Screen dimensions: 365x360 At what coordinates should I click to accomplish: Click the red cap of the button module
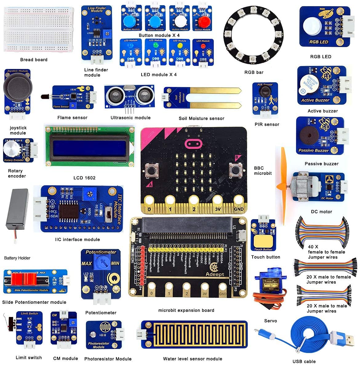203,22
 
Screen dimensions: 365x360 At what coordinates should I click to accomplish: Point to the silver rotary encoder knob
11,149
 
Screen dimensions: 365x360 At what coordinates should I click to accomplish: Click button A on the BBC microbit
152,170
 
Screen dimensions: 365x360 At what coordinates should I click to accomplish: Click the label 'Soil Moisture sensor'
201,118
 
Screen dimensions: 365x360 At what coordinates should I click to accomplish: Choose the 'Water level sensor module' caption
192,359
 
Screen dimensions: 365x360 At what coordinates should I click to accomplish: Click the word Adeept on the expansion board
215,274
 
